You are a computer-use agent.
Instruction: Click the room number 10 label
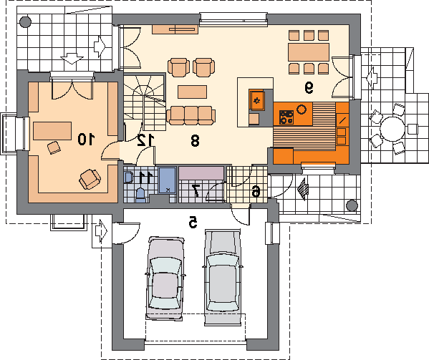click(x=86, y=139)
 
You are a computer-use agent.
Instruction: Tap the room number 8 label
click(x=195, y=141)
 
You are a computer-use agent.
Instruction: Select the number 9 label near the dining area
click(x=309, y=88)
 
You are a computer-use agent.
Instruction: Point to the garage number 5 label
click(x=193, y=222)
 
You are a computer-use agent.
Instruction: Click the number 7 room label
click(x=196, y=190)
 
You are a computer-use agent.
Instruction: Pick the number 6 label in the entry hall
click(x=256, y=191)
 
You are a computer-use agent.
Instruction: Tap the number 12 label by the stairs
click(x=145, y=140)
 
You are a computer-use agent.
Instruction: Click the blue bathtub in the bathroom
click(x=168, y=180)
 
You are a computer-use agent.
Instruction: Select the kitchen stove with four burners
click(x=286, y=117)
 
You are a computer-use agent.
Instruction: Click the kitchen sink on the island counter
click(x=257, y=100)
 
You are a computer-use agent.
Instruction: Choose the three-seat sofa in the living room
click(x=191, y=115)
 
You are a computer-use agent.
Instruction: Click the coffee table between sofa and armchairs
click(x=192, y=92)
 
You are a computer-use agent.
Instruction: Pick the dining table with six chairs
click(x=309, y=52)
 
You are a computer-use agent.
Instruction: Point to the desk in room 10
click(x=52, y=131)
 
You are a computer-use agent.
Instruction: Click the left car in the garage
click(x=165, y=278)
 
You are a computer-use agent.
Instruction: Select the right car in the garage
click(x=223, y=277)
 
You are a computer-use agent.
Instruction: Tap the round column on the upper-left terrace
click(x=25, y=21)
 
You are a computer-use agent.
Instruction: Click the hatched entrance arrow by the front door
click(x=303, y=189)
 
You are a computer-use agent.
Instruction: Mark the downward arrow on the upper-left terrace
click(x=72, y=59)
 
